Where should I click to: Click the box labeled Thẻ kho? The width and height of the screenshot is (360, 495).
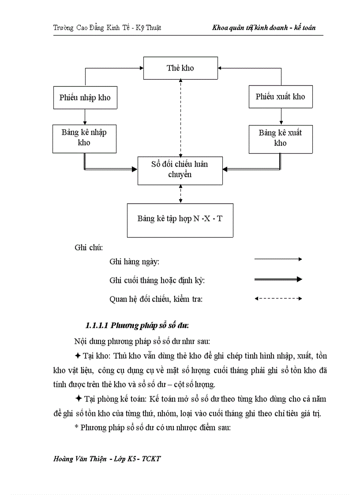click(180, 68)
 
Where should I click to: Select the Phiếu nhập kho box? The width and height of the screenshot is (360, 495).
click(85, 97)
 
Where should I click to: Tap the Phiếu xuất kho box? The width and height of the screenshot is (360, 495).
click(280, 97)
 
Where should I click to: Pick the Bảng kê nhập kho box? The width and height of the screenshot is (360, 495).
click(84, 138)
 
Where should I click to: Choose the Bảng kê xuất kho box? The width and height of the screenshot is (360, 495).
click(280, 138)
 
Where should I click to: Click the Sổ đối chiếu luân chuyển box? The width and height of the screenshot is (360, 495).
click(180, 170)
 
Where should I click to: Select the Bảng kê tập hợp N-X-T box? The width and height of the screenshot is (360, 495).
click(180, 220)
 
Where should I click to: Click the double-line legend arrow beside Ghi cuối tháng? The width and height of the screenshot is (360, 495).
click(278, 279)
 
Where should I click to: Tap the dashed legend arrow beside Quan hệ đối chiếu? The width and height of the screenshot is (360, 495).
click(278, 299)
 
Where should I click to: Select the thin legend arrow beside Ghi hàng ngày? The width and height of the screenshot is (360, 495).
click(278, 259)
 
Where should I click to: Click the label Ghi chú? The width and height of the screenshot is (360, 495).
click(89, 247)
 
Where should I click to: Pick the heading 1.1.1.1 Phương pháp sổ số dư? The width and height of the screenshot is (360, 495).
click(137, 326)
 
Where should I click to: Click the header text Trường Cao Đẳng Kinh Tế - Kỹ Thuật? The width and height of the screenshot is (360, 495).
click(107, 28)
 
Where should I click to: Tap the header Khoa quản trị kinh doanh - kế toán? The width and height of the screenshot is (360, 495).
click(264, 28)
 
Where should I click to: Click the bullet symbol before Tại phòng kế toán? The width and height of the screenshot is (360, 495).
click(78, 399)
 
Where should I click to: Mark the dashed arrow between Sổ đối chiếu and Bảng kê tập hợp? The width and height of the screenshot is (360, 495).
click(180, 194)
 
